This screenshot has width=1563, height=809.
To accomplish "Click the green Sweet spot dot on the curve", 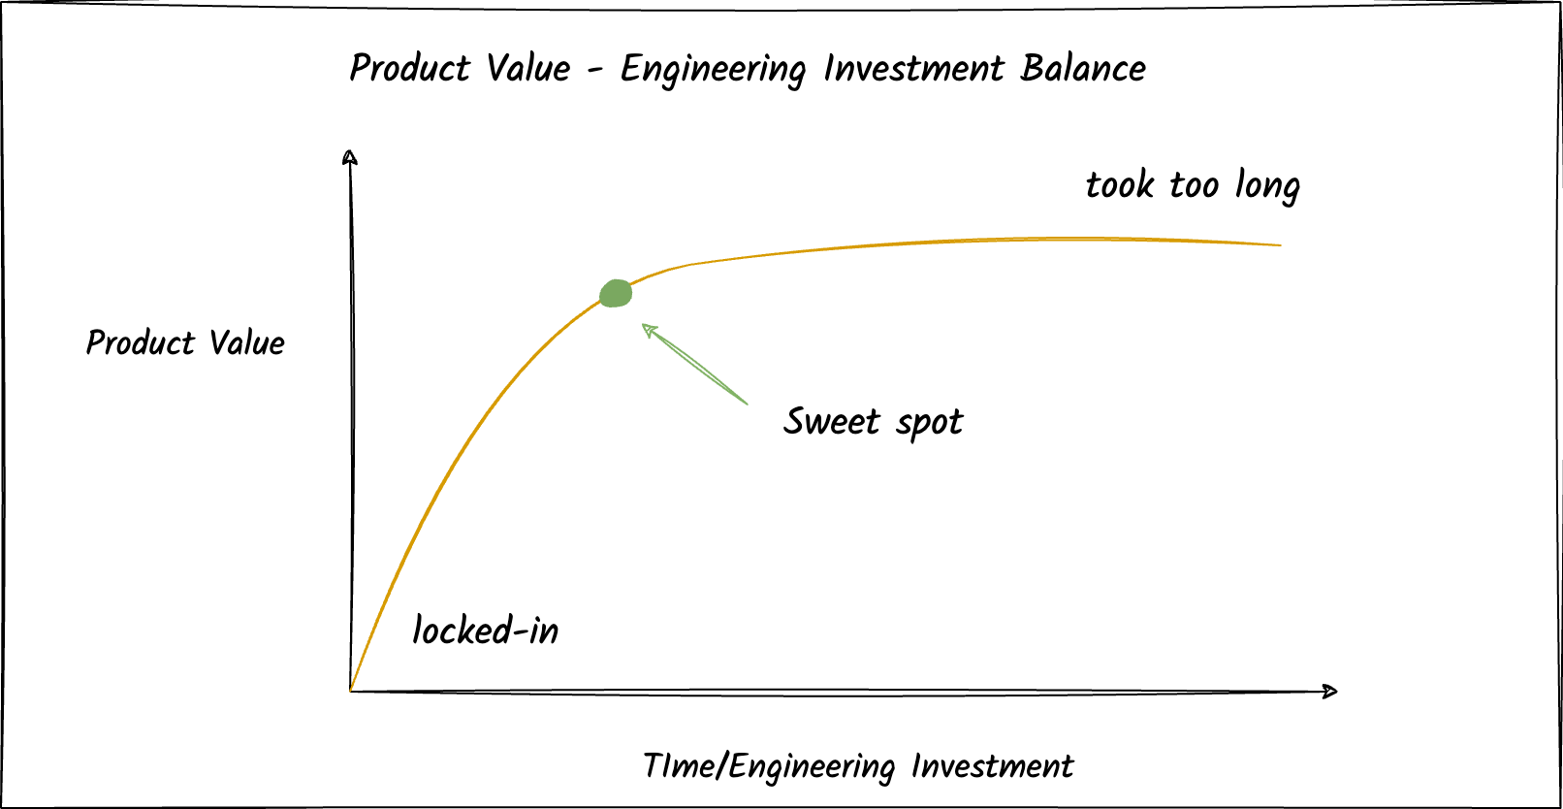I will pos(616,293).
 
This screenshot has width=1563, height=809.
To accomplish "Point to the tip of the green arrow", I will pos(645,327).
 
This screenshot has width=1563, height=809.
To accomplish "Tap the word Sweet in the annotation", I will pos(832,421).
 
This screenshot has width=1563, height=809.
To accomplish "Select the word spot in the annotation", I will pos(929,423).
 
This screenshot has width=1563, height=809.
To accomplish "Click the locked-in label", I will pos(485,631).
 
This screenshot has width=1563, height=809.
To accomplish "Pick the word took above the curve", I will pos(1120,184).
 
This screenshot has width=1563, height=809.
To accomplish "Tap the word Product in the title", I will pos(409,68).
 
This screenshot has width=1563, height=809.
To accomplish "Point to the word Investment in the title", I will pos(913,69).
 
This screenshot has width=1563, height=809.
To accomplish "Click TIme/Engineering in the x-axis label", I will pos(768,766).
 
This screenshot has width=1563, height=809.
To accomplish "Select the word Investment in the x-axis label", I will pos(992,766).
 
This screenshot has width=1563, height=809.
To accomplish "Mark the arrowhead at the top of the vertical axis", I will pos(350,156).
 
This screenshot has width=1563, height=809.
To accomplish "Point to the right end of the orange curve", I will pos(1280,244).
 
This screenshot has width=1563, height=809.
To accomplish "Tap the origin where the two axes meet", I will pos(350,691).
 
